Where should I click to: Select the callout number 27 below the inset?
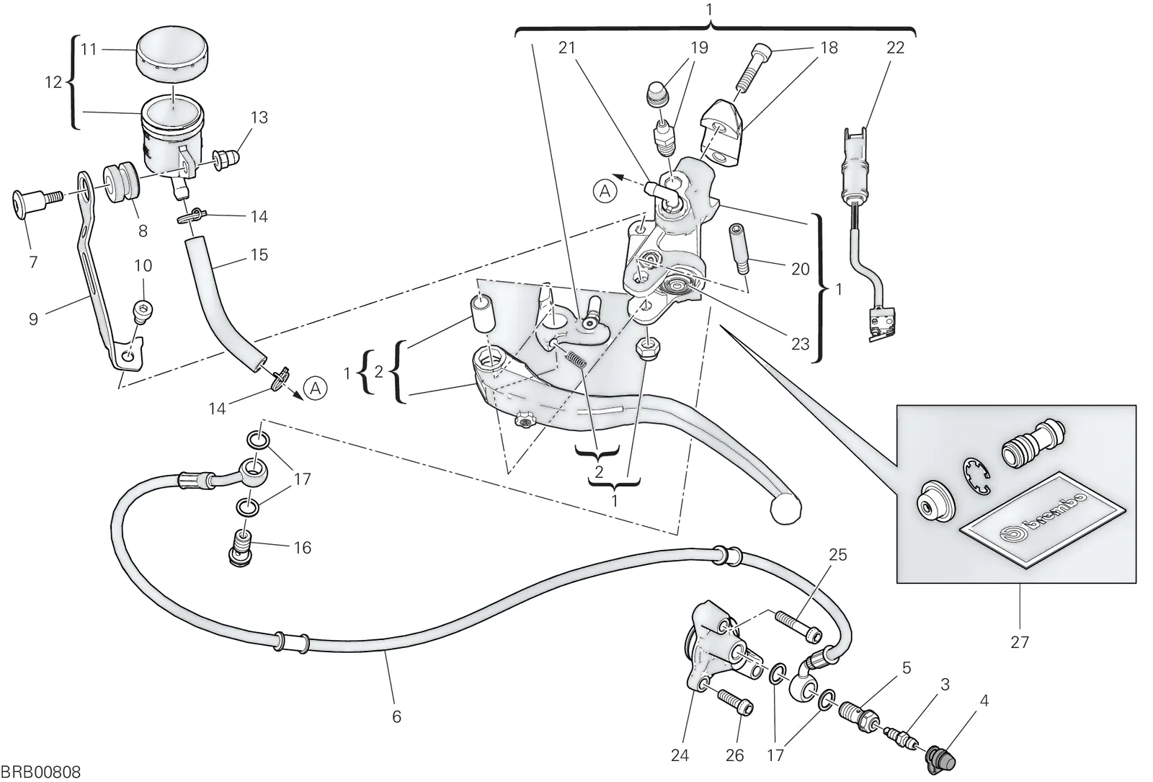coord(1019,641)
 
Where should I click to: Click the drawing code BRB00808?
coord(41,772)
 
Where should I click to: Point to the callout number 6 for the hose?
coord(396,716)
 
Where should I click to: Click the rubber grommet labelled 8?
coord(121,182)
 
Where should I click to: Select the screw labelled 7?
coord(36,204)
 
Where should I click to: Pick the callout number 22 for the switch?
coord(896,48)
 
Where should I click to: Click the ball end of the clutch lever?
coord(785,509)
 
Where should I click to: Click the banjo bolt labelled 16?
coord(241,548)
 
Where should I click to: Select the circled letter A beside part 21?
coord(605,192)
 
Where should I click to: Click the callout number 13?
coord(259,117)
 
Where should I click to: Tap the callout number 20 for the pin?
coord(801,269)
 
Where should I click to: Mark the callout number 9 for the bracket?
coord(33,319)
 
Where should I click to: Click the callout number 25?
coord(838,554)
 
